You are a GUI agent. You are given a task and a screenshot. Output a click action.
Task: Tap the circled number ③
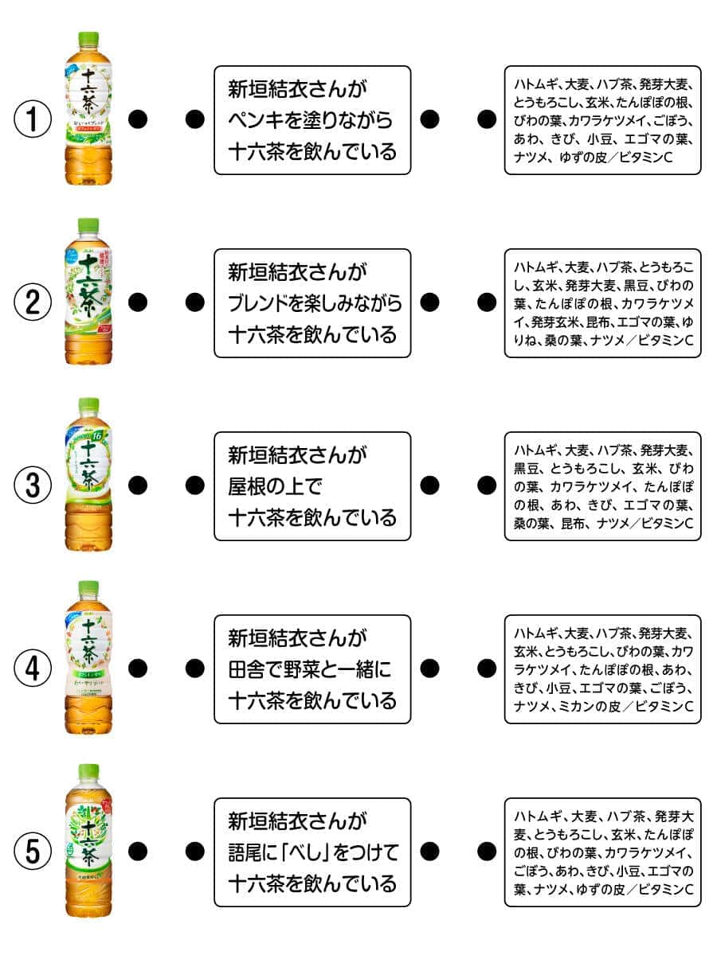33,485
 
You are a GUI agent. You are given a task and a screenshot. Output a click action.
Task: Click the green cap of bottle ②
88,225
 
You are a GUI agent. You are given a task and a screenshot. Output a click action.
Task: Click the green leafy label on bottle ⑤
88,844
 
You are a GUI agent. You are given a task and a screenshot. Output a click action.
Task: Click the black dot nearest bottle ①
139,119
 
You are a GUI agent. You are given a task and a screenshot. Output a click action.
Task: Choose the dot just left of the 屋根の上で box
194,485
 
